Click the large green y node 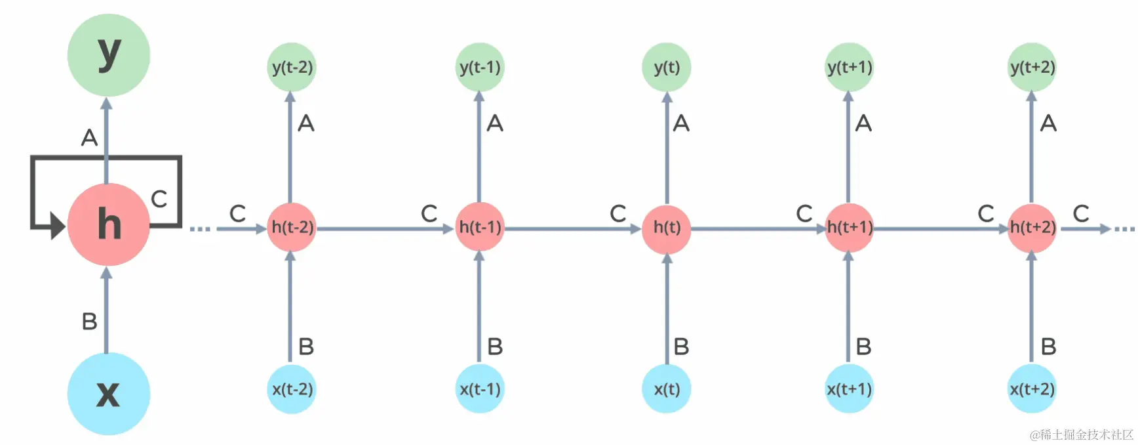coord(109,54)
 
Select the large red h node coord(109,224)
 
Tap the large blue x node coord(109,393)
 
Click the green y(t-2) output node coord(292,67)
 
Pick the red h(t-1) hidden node coord(480,227)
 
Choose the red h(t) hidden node coord(667,227)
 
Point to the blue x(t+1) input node coord(849,389)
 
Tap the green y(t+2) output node coord(1032,67)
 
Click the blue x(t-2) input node coord(292,389)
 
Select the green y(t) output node coord(667,67)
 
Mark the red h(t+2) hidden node coord(1032,227)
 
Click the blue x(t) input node coord(667,389)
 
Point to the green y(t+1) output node coord(849,67)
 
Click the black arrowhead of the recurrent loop coord(58,227)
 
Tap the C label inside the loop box coord(159,199)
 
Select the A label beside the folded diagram coord(89,138)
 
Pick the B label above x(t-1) coord(495,347)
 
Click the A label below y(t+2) coord(1048,123)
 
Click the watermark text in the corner coord(1081,434)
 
